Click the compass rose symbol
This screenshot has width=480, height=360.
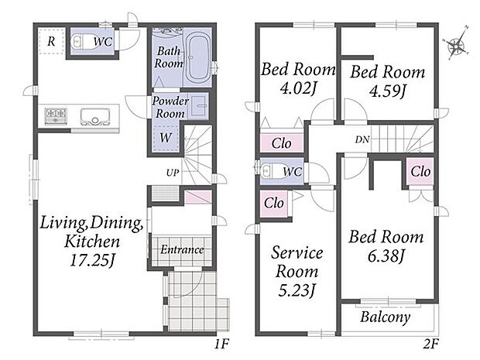tap(456, 46)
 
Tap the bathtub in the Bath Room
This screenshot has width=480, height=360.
tap(198, 59)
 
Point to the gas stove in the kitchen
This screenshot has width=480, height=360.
tap(56, 116)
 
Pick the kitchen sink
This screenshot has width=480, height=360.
tap(95, 117)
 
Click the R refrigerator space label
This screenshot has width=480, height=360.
tap(51, 41)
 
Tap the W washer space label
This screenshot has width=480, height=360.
tap(166, 138)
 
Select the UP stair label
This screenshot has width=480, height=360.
tap(173, 173)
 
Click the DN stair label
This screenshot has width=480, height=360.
tap(362, 140)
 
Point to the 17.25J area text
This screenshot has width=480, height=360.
tap(92, 261)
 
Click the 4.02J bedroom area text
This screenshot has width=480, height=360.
tap(298, 88)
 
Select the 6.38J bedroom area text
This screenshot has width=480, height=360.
tap(386, 255)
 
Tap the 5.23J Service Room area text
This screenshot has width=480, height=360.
tap(297, 290)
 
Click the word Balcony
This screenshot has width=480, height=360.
tap(385, 317)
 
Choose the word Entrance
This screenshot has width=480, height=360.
tap(182, 249)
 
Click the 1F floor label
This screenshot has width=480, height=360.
tap(221, 345)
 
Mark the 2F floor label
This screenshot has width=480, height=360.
tap(431, 345)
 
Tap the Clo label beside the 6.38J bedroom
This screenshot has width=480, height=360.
tap(420, 171)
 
